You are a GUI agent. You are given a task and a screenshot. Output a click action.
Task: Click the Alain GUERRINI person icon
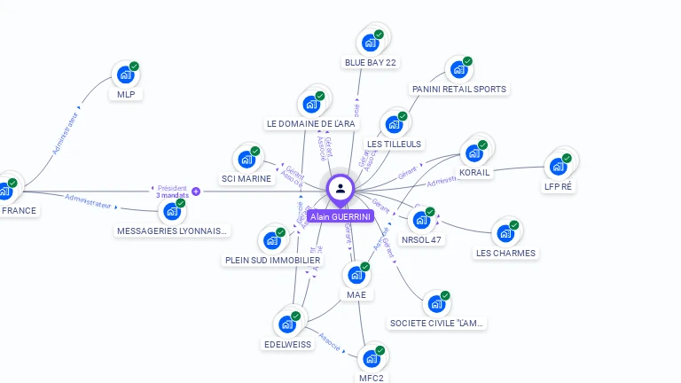(x=340, y=188)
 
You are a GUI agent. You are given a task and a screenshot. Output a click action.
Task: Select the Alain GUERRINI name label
(x=340, y=216)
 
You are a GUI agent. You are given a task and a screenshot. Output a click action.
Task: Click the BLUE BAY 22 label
(x=371, y=62)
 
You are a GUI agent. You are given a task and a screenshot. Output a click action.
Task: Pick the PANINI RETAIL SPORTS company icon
(x=458, y=69)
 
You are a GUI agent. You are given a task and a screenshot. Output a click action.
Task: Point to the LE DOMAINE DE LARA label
(x=311, y=123)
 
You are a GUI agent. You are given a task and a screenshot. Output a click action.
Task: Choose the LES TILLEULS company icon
(x=393, y=125)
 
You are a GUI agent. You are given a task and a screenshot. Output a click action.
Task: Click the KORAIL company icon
(x=474, y=152)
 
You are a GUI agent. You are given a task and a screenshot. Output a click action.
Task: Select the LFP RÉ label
(x=558, y=186)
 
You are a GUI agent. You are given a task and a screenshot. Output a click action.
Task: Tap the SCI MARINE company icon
(x=246, y=160)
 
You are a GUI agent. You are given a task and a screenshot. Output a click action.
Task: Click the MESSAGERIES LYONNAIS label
(x=173, y=231)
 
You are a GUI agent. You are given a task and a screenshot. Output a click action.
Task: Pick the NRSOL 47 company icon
(x=421, y=220)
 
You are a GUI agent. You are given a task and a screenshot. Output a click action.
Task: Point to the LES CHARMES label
(x=505, y=253)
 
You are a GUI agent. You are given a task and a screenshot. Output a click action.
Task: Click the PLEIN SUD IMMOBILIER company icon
(x=271, y=240)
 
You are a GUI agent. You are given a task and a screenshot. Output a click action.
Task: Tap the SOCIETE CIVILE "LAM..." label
(x=437, y=323)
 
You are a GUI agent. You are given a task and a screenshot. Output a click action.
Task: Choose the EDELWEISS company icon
(x=287, y=324)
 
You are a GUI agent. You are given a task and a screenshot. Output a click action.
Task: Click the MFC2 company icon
(x=371, y=359)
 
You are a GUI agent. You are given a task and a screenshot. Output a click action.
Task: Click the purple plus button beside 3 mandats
(x=196, y=191)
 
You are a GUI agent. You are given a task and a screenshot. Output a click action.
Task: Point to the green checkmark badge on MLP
(x=135, y=66)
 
